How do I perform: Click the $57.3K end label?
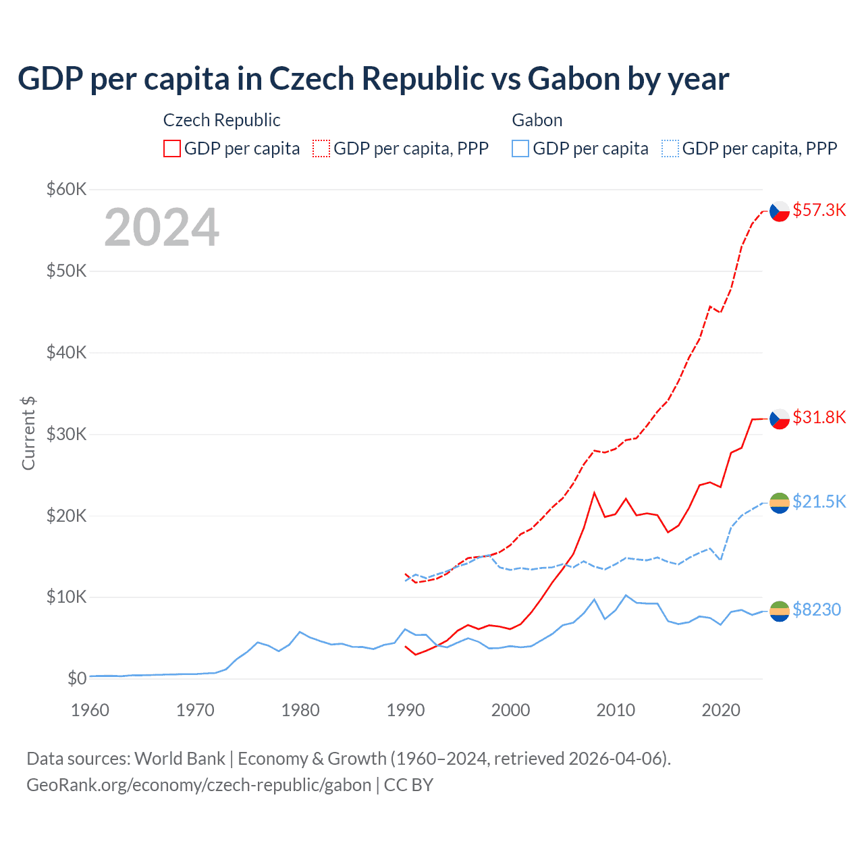pyautogui.click(x=819, y=210)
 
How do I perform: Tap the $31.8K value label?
pyautogui.click(x=819, y=417)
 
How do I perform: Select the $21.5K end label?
pyautogui.click(x=819, y=502)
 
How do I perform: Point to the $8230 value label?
pyautogui.click(x=816, y=610)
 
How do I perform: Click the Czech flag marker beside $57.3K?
pyautogui.click(x=780, y=211)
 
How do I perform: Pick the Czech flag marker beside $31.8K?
pyautogui.click(x=780, y=418)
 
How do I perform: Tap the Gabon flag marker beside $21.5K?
pyautogui.click(x=780, y=502)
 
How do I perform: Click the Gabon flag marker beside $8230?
pyautogui.click(x=780, y=611)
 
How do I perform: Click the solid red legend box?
pyautogui.click(x=172, y=148)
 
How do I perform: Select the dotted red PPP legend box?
pyautogui.click(x=321, y=148)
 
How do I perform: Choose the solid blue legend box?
pyautogui.click(x=520, y=148)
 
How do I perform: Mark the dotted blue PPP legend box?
pyautogui.click(x=670, y=148)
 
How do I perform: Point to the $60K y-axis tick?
pyautogui.click(x=66, y=189)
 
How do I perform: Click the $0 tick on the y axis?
pyautogui.click(x=76, y=678)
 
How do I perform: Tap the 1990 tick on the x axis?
pyautogui.click(x=406, y=710)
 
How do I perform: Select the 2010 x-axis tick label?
pyautogui.click(x=616, y=710)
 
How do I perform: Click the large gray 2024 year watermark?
pyautogui.click(x=161, y=227)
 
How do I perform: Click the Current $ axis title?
pyautogui.click(x=28, y=433)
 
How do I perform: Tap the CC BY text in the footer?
pyautogui.click(x=408, y=785)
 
